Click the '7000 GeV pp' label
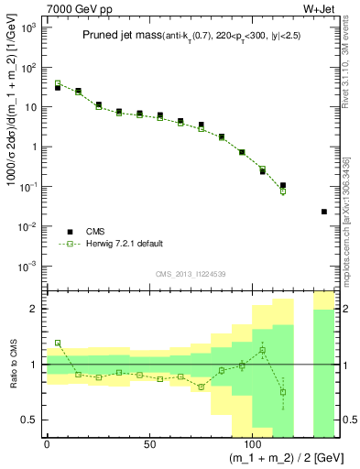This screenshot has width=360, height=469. click(x=73, y=8)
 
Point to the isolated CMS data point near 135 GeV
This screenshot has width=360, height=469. click(x=324, y=212)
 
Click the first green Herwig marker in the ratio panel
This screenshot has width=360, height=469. click(x=58, y=343)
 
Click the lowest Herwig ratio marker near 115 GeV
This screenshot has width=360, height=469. click(x=283, y=392)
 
